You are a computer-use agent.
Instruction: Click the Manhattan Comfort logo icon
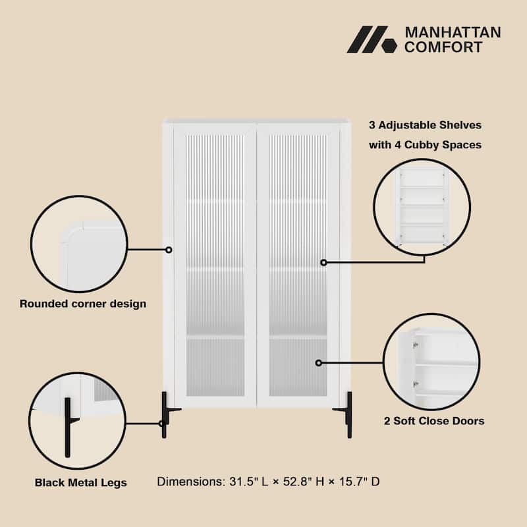pyautogui.click(x=372, y=40)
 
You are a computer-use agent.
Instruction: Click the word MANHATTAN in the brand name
pyautogui.click(x=452, y=32)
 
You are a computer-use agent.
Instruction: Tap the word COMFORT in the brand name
pyautogui.click(x=443, y=47)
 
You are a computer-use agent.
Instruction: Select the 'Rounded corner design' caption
pyautogui.click(x=83, y=304)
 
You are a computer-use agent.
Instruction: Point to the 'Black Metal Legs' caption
pyautogui.click(x=81, y=483)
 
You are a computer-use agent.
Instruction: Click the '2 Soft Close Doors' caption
pyautogui.click(x=434, y=420)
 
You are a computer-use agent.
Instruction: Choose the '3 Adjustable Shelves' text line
pyautogui.click(x=425, y=125)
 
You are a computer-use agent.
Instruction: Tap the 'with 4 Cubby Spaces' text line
pyautogui.click(x=425, y=144)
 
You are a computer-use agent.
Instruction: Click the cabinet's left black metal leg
pyautogui.click(x=165, y=415)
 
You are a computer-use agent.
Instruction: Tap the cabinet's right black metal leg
pyautogui.click(x=348, y=415)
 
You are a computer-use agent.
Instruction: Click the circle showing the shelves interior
pyautogui.click(x=422, y=207)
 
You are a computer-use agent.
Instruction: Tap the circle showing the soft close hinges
pyautogui.click(x=431, y=362)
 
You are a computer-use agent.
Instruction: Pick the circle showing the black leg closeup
pyautogui.click(x=78, y=421)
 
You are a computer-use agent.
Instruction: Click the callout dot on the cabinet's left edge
pyautogui.click(x=169, y=250)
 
